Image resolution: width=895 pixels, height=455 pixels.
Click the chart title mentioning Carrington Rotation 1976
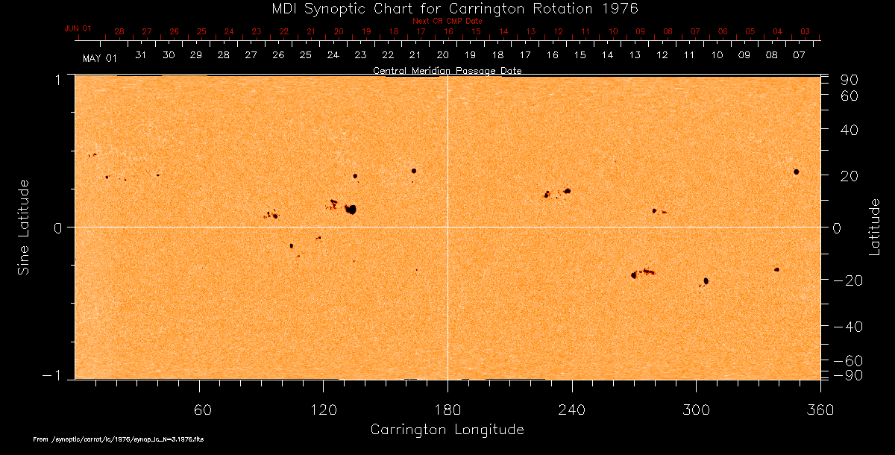[x=447, y=8]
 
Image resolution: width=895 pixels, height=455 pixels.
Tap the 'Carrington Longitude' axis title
[x=447, y=430]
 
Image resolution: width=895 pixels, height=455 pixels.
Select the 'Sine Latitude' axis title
[x=24, y=227]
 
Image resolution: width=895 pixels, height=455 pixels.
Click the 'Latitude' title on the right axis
[x=875, y=227]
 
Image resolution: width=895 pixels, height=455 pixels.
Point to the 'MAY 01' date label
[x=100, y=58]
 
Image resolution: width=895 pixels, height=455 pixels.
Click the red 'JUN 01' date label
[x=78, y=28]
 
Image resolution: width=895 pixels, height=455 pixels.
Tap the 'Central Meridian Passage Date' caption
[x=447, y=71]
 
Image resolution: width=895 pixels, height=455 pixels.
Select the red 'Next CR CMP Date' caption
[x=447, y=21]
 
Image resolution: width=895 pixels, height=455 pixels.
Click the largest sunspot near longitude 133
[x=350, y=210]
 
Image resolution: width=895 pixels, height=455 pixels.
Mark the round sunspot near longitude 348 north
[x=797, y=172]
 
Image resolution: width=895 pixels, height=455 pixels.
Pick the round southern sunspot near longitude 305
[x=706, y=280]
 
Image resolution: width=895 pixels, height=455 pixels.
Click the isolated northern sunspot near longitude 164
[x=414, y=171]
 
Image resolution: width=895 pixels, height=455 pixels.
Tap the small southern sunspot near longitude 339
[x=776, y=269]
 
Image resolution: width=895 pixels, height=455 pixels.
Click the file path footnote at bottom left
[x=119, y=440]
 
